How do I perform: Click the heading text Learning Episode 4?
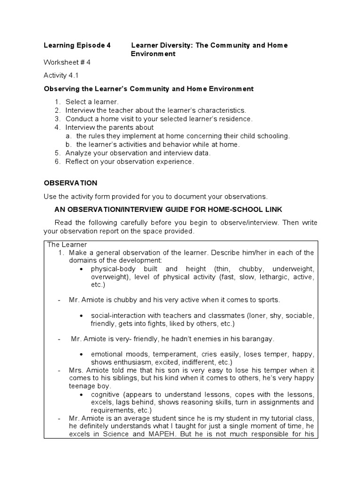pyautogui.click(x=77, y=45)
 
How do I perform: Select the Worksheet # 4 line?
pyautogui.click(x=67, y=62)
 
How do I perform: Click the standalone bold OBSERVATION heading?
pyautogui.click(x=70, y=183)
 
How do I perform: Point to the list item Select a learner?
pyautogui.click(x=92, y=101)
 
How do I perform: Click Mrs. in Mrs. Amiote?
pyautogui.click(x=76, y=370)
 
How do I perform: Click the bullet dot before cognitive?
pyautogui.click(x=82, y=394)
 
